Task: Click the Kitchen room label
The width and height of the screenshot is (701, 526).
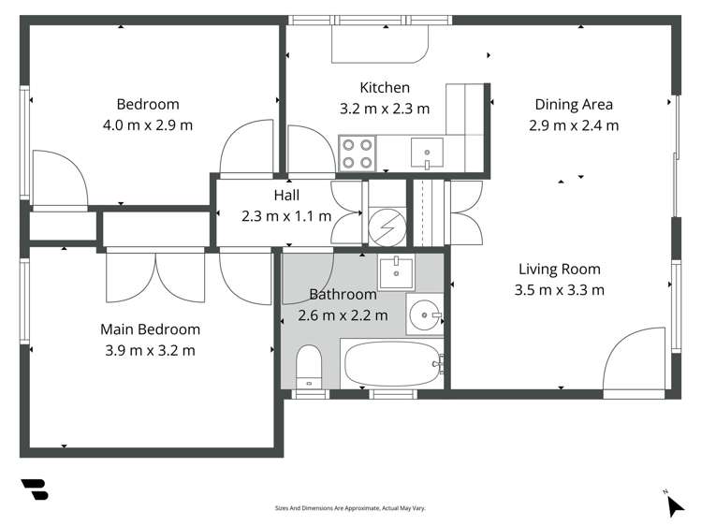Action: click(385, 88)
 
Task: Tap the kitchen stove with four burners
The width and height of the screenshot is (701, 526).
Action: click(357, 153)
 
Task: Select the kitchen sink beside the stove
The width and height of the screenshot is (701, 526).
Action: click(428, 151)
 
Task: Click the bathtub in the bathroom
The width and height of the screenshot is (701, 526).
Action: click(391, 364)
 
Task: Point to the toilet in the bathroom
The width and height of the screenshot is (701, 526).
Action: click(309, 367)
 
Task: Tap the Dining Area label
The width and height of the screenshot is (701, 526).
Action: click(574, 104)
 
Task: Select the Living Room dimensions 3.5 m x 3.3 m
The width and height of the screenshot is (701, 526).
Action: click(559, 289)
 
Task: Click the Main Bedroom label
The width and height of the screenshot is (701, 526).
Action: click(150, 329)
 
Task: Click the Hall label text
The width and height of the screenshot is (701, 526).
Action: click(286, 196)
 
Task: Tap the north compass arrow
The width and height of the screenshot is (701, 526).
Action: click(675, 505)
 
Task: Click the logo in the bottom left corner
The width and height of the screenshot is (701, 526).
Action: click(34, 489)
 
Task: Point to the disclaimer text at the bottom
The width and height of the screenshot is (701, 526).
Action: click(350, 508)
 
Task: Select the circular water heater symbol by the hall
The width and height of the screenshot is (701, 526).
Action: click(386, 226)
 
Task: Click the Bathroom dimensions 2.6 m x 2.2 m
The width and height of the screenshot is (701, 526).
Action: click(343, 315)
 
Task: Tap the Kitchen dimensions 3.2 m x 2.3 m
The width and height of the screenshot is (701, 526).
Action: click(385, 109)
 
